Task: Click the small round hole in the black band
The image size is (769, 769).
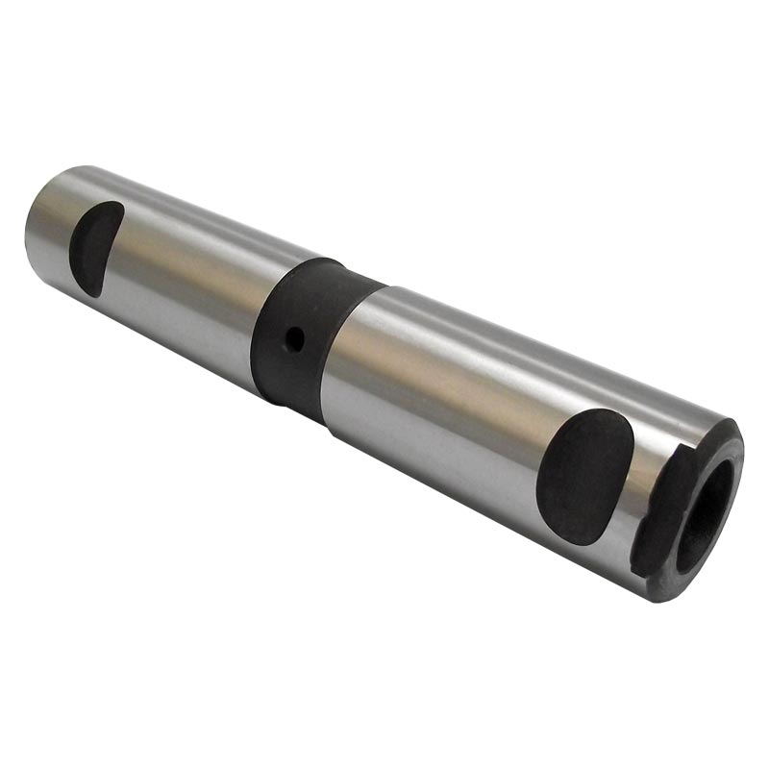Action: click(297, 337)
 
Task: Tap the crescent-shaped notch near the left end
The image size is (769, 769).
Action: click(96, 247)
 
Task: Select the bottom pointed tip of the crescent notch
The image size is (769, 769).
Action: click(85, 293)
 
